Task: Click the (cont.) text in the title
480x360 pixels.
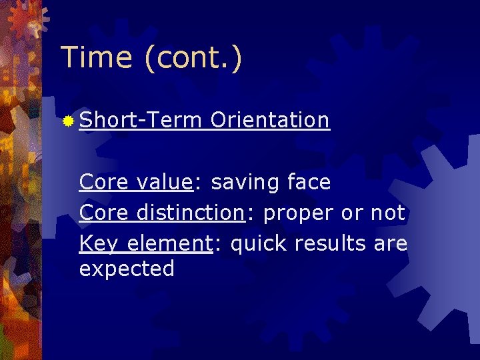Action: pos(191,59)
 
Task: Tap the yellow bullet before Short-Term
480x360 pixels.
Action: pos(68,121)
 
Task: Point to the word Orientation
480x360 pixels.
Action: pos(269,120)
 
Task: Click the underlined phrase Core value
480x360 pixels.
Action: pos(135,181)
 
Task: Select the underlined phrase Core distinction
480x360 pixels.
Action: pos(161,213)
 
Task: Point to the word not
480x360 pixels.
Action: pos(386,213)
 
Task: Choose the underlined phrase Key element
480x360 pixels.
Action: pos(145,244)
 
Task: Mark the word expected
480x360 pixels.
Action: pos(127,269)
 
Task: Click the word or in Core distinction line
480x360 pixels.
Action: pos(351,213)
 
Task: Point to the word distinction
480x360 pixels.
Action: pos(190,213)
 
